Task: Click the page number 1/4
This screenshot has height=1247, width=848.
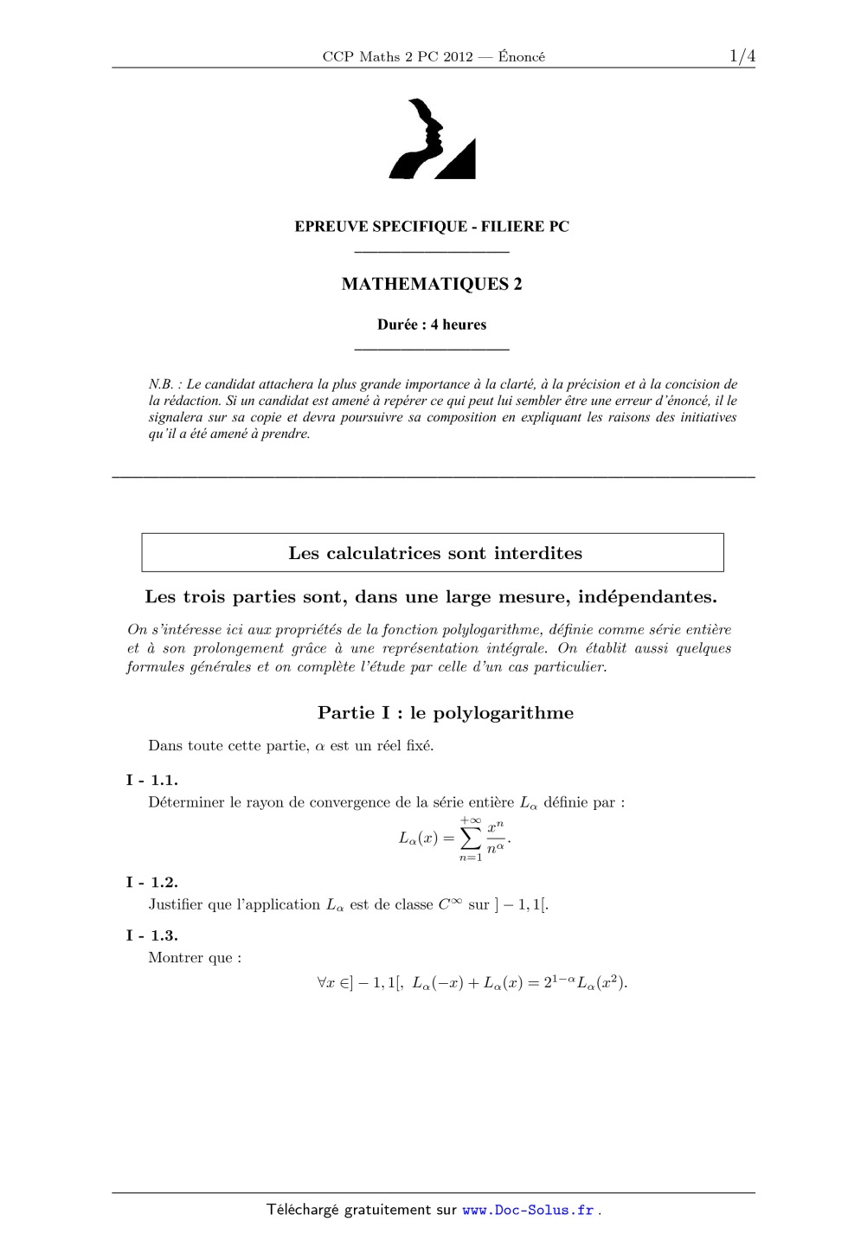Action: pos(742,56)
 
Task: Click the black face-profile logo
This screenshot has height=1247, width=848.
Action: pos(432,140)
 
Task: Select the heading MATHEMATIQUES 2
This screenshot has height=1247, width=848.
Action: pos(432,284)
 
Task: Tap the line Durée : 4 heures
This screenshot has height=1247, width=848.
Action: pos(432,325)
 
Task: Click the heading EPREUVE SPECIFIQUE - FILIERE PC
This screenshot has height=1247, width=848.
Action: pos(432,227)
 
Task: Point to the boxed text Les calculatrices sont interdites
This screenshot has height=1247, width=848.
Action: pos(435,553)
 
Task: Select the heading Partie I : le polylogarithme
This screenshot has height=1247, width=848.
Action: pos(445,712)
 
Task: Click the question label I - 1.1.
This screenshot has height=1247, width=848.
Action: pos(151,780)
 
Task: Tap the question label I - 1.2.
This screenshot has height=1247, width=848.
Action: pos(151,882)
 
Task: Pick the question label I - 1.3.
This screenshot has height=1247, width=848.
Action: pos(151,935)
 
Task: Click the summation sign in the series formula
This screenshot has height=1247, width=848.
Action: pos(470,838)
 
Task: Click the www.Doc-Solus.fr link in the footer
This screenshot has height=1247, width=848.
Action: pos(528,1210)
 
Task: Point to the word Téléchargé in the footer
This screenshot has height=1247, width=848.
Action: pos(302,1210)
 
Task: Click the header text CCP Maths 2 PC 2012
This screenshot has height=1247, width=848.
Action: pos(397,56)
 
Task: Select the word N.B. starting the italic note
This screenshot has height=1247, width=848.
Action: pos(161,384)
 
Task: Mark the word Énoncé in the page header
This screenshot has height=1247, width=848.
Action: pos(522,56)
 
